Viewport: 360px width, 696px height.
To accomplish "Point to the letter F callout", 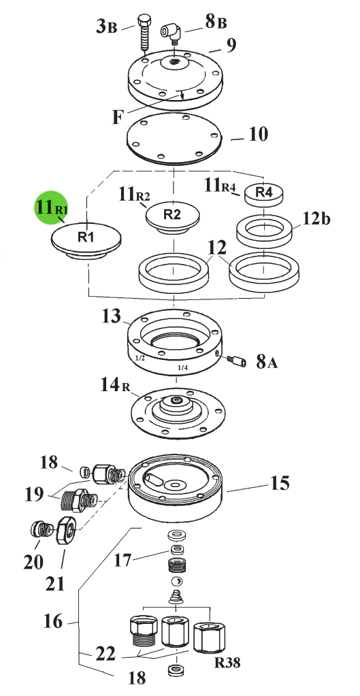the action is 118,117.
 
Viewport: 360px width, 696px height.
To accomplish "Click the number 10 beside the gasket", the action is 259,134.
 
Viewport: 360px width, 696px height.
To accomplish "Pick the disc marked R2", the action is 173,216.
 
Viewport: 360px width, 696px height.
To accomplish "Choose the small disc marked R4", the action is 264,193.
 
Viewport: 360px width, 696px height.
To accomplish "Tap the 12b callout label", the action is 316,218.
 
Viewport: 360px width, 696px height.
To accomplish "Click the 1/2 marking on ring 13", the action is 140,358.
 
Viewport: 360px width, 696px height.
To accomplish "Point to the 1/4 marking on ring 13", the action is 182,367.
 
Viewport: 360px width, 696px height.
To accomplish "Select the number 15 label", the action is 280,483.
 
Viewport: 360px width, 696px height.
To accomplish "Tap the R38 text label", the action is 228,663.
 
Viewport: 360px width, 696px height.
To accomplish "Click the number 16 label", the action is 53,621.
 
